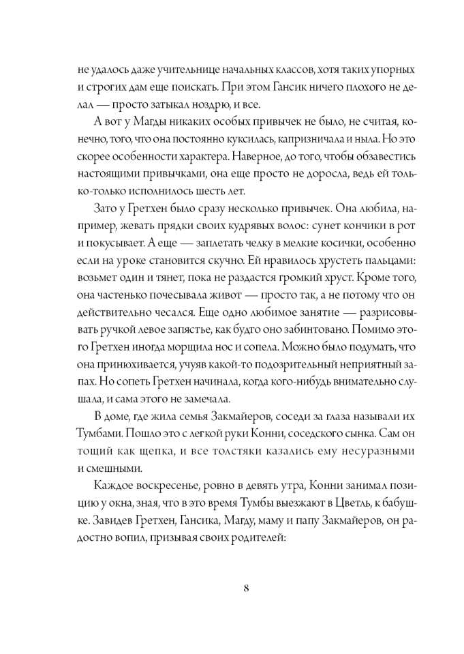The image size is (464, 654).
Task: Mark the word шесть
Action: pyautogui.click(x=203, y=192)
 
